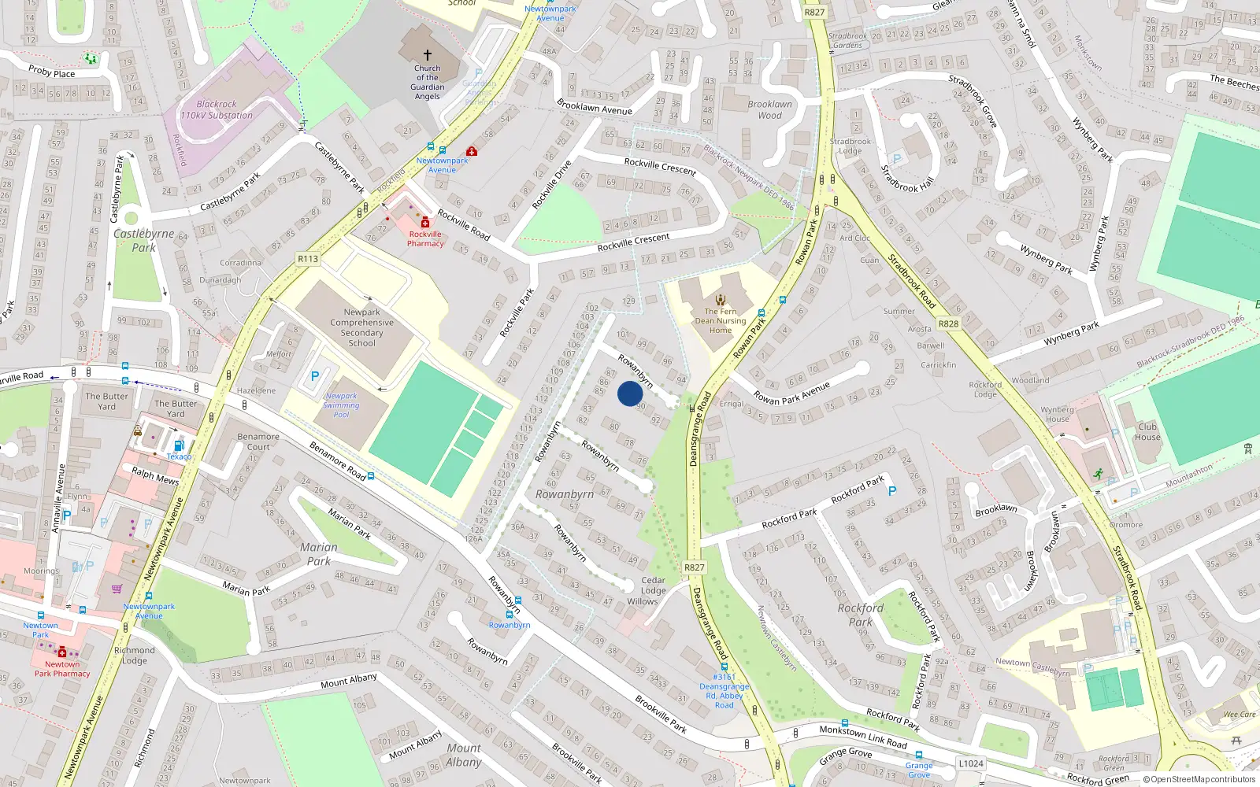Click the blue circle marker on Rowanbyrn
[630, 393]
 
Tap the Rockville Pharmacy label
[425, 238]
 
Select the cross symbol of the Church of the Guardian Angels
[428, 55]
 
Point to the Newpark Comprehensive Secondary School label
[362, 327]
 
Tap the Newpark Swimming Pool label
[341, 405]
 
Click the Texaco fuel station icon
[179, 445]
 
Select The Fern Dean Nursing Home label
[720, 320]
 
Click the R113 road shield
[308, 259]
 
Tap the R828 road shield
[948, 323]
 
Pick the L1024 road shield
[971, 763]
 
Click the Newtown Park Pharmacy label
[62, 668]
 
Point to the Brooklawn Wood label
[770, 109]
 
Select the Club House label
[1147, 432]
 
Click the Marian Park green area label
[319, 554]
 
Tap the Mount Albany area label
[464, 755]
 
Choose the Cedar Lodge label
[653, 586]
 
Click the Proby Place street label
[51, 73]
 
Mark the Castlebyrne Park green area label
[143, 240]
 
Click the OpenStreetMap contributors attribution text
[1199, 780]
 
